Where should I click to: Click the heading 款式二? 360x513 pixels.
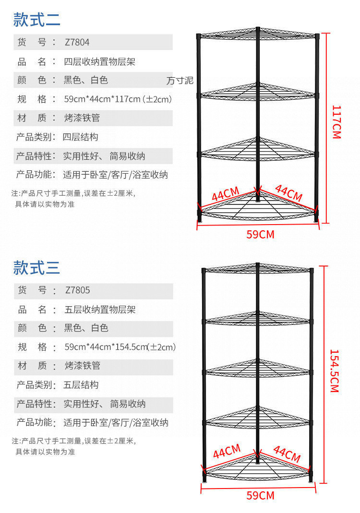click(x=36, y=20)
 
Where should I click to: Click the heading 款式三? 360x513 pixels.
click(x=36, y=267)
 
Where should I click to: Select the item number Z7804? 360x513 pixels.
click(x=77, y=42)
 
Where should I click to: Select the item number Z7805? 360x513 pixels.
click(x=77, y=290)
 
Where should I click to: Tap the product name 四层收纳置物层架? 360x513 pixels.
click(x=100, y=61)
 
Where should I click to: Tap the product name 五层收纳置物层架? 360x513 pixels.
click(x=100, y=310)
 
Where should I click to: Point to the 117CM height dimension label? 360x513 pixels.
click(x=336, y=122)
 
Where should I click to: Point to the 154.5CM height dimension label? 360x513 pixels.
click(x=335, y=370)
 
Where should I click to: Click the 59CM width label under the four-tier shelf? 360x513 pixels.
click(x=260, y=234)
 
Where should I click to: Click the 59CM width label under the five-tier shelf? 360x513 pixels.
click(x=260, y=495)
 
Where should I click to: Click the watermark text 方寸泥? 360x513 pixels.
click(x=180, y=81)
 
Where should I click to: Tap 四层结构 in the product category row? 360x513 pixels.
click(x=81, y=137)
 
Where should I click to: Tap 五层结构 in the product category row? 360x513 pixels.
click(x=81, y=385)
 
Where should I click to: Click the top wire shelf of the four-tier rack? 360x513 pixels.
click(x=258, y=35)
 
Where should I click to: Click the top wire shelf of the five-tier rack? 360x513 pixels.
click(x=258, y=269)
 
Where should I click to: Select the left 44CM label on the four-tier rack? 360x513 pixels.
click(x=225, y=194)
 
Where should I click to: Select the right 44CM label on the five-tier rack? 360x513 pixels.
click(x=287, y=453)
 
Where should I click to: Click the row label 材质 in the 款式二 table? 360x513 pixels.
click(x=32, y=118)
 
